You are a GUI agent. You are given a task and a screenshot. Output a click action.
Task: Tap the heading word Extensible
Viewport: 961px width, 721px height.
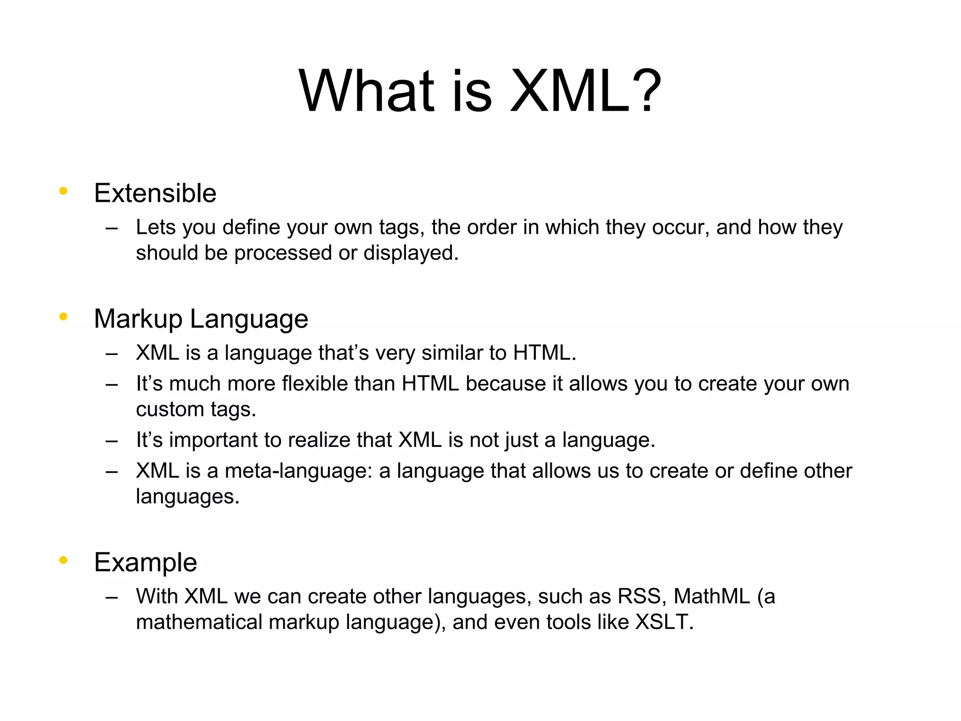tap(155, 193)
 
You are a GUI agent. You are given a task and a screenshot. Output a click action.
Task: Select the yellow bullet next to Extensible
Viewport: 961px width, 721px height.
tap(63, 191)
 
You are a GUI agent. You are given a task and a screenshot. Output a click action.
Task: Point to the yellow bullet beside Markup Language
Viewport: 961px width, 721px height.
tap(63, 317)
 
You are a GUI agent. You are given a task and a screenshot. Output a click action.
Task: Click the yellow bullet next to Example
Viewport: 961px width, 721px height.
tap(63, 560)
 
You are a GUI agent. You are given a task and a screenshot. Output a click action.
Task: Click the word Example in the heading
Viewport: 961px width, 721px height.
tap(145, 562)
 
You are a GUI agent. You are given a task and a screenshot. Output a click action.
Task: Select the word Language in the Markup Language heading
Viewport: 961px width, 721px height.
tap(249, 319)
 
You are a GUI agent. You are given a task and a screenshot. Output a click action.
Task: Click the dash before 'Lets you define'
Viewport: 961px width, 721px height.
tap(112, 229)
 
